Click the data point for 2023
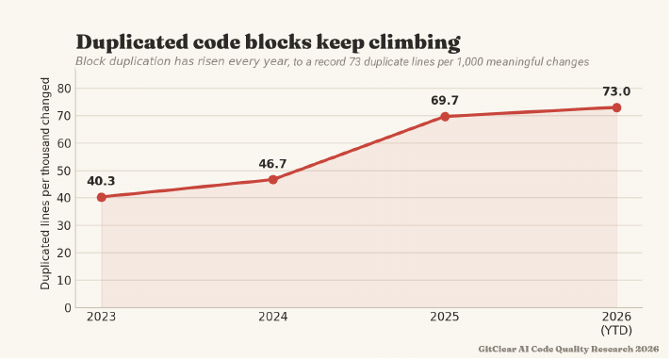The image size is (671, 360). [102, 197]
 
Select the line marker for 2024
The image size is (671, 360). [273, 180]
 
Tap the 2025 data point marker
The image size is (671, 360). [445, 117]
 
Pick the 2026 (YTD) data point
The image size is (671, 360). [616, 107]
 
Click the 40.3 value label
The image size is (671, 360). [101, 181]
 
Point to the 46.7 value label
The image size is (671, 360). [272, 164]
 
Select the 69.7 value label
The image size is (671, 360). [445, 101]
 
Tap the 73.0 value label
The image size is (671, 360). [616, 91]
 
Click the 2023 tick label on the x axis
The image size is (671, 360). [102, 317]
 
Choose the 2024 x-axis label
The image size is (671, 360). [273, 317]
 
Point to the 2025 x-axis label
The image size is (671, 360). [445, 317]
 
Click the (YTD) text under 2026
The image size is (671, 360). [616, 331]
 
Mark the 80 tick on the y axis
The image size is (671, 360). [64, 89]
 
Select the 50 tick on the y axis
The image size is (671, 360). [64, 171]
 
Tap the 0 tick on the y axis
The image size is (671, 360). [68, 308]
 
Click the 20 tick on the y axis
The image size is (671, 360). [64, 253]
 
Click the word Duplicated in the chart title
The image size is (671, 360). [132, 42]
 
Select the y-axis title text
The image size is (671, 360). [45, 184]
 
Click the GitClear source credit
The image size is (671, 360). [568, 349]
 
